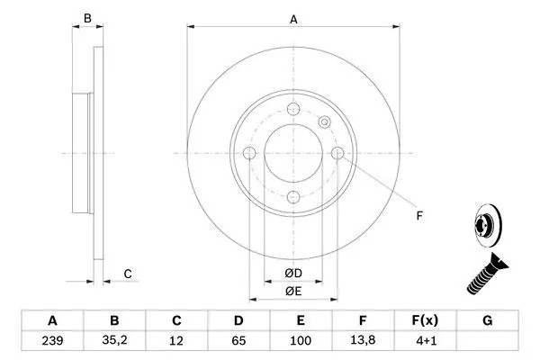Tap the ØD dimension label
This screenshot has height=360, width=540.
[292, 273]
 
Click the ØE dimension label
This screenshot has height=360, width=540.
[292, 291]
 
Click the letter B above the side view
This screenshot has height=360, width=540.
[87, 17]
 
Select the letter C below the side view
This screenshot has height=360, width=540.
[128, 274]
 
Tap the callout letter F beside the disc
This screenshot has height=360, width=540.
[418, 214]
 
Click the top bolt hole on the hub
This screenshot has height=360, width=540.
[293, 110]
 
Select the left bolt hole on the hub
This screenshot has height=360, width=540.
[249, 153]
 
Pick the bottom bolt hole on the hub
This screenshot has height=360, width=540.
[293, 197]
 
